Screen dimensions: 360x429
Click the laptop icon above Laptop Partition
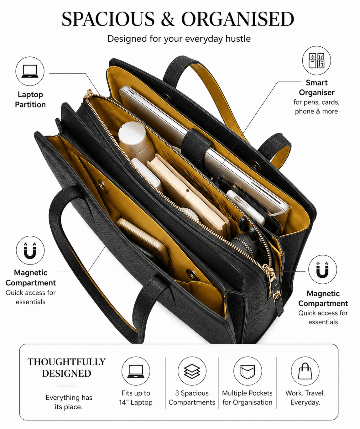pyautogui.click(x=30, y=71)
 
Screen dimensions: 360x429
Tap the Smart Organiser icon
pyautogui.click(x=316, y=60)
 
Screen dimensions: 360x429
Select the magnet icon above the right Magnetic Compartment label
pyautogui.click(x=322, y=269)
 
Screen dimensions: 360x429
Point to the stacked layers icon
pyautogui.click(x=192, y=371)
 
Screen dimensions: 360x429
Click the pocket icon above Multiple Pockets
pyautogui.click(x=248, y=371)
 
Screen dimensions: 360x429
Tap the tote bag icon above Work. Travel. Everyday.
pyautogui.click(x=305, y=371)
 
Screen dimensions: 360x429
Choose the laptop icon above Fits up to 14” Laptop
pyautogui.click(x=136, y=371)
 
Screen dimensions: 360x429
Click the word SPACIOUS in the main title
pyautogui.click(x=108, y=19)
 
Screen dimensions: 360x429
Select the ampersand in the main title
pyautogui.click(x=168, y=19)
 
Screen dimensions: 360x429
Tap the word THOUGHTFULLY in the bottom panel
pyautogui.click(x=66, y=362)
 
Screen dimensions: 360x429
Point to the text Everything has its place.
pyautogui.click(x=69, y=402)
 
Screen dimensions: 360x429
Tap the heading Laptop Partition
pyautogui.click(x=30, y=100)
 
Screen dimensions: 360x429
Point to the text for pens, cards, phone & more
pyautogui.click(x=316, y=107)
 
